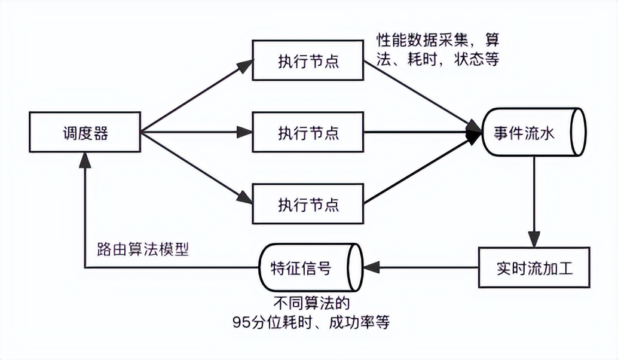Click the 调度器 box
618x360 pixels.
click(x=85, y=132)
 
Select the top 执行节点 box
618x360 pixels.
click(x=308, y=60)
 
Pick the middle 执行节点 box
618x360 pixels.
click(x=308, y=132)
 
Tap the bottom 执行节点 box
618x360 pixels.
click(x=308, y=204)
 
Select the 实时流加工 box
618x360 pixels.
click(x=534, y=267)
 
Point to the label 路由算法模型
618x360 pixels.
click(x=143, y=249)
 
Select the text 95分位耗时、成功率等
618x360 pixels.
click(x=311, y=322)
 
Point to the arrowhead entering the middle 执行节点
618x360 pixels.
click(x=245, y=132)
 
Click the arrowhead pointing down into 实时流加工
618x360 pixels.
click(x=534, y=240)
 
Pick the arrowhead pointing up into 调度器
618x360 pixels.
click(x=85, y=160)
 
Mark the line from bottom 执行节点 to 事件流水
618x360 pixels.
click(x=418, y=170)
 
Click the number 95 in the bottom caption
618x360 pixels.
click(x=241, y=322)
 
